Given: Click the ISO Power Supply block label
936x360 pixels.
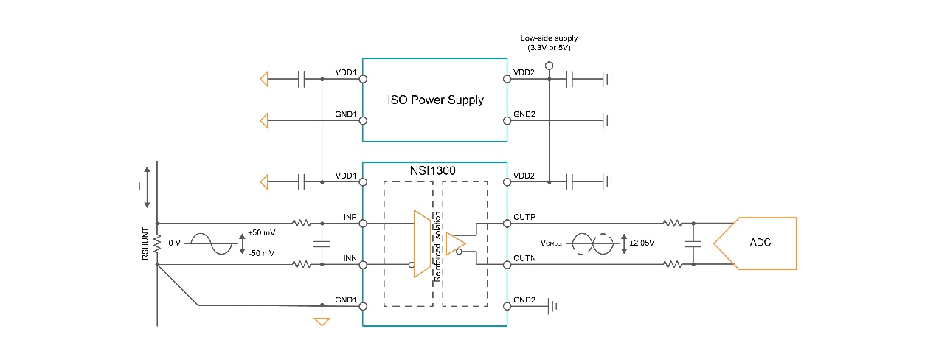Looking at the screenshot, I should (437, 100).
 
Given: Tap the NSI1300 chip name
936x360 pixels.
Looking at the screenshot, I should (433, 170).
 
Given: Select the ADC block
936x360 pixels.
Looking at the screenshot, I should (760, 243).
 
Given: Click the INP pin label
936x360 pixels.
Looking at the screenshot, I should (350, 217).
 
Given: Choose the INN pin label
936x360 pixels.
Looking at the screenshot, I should (350, 258).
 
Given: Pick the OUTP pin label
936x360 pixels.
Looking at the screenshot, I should (524, 217).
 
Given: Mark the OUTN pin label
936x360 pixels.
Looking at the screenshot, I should (524, 258).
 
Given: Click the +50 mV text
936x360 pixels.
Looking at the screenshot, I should (262, 232).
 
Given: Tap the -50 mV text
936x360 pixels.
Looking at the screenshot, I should (262, 253).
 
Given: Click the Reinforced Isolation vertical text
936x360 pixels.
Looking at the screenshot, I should (437, 243).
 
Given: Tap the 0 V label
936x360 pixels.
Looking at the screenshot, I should (175, 243).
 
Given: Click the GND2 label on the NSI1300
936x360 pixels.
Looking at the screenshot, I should (524, 300).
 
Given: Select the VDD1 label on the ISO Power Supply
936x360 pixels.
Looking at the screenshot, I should (346, 72).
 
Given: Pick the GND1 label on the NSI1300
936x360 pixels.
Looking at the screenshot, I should (346, 300).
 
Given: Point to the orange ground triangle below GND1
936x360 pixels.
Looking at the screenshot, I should (322, 322).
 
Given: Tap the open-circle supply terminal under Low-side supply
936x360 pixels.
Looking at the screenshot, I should (548, 66).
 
